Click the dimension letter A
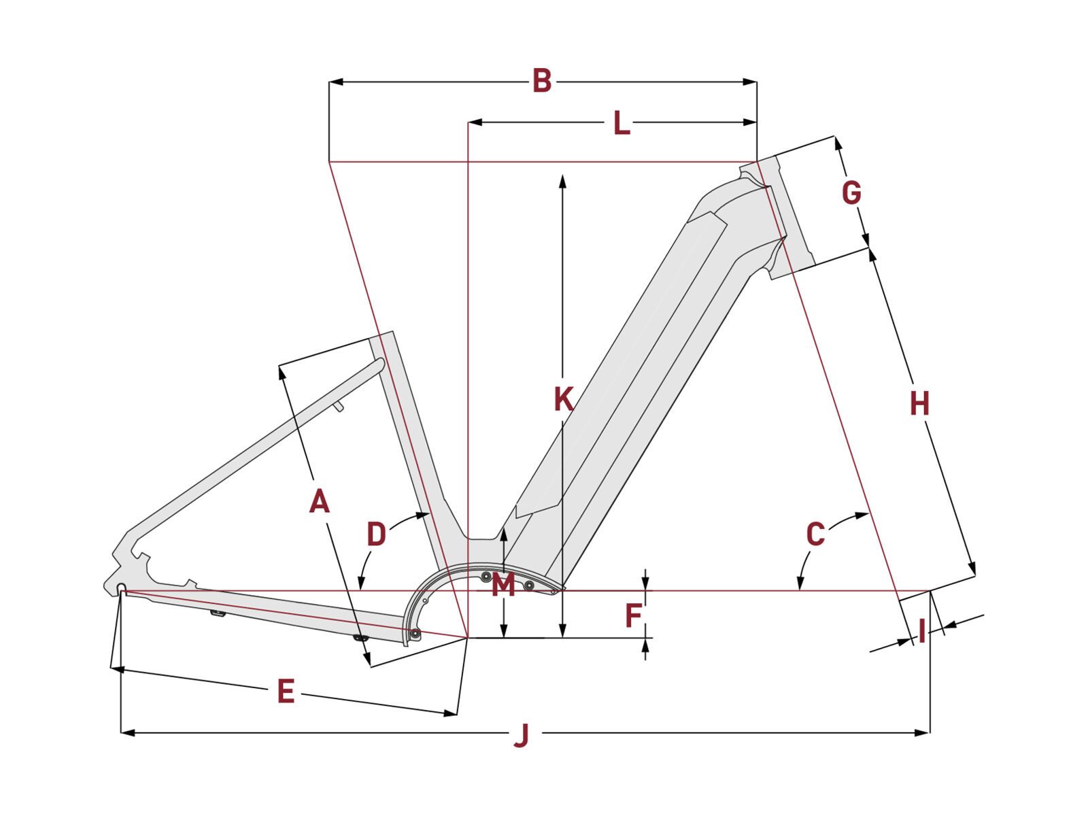319,502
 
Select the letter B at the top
541,81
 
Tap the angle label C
815,534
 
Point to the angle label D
376,534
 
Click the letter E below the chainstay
286,692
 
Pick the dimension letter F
633,616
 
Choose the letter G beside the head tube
851,193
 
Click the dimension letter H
919,405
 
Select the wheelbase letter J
521,735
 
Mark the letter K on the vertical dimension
563,400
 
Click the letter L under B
621,124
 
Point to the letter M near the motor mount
503,585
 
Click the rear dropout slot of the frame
122,588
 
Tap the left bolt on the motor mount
486,577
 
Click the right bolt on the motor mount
529,585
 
